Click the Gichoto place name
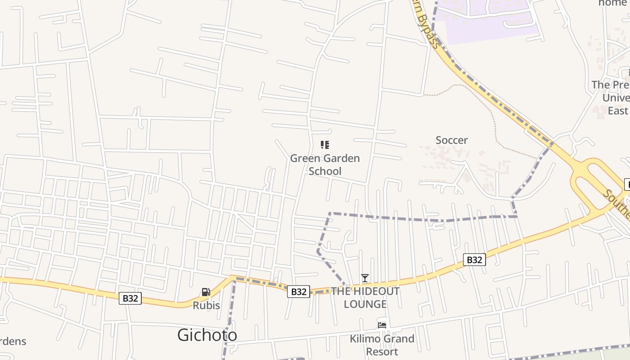(x=207, y=335)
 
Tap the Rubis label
(x=206, y=306)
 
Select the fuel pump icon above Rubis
(x=206, y=292)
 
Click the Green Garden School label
(x=325, y=165)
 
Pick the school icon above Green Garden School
(x=325, y=145)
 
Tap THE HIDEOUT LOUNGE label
(x=365, y=298)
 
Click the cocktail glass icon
(x=365, y=278)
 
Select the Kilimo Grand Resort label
(x=382, y=345)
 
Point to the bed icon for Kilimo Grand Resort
(x=382, y=325)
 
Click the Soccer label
(x=452, y=140)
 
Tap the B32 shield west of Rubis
(x=130, y=298)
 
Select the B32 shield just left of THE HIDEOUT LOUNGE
(x=298, y=292)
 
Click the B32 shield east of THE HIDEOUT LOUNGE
(x=474, y=260)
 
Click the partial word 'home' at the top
(x=612, y=3)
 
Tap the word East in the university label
(x=618, y=111)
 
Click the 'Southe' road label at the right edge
(x=616, y=202)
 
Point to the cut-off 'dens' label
(x=13, y=342)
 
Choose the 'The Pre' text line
(x=610, y=85)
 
